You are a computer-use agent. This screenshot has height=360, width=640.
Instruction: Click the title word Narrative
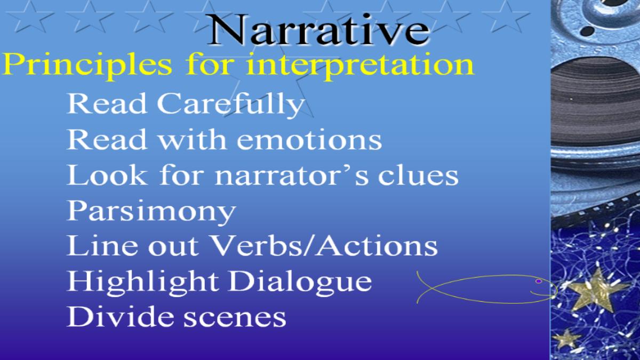[x=318, y=29]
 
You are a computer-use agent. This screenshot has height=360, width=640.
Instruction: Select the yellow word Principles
[x=87, y=65]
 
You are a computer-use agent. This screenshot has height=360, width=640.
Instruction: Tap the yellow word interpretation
[x=360, y=65]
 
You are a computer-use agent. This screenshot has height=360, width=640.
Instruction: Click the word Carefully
[x=231, y=105]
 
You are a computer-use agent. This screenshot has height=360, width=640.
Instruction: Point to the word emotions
[x=309, y=140]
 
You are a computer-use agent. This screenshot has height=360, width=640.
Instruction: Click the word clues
[x=418, y=175]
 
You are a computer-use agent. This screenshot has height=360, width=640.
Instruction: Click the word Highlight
[x=142, y=282]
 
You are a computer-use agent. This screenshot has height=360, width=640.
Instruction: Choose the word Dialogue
[x=300, y=282]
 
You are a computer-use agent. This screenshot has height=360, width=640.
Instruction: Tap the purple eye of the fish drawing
[x=539, y=282]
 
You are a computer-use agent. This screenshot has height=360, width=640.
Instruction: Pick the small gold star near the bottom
[x=566, y=339]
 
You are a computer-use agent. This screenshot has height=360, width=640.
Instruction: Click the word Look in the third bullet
[x=107, y=175]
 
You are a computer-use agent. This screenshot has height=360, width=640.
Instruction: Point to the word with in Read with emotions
[x=193, y=139]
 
